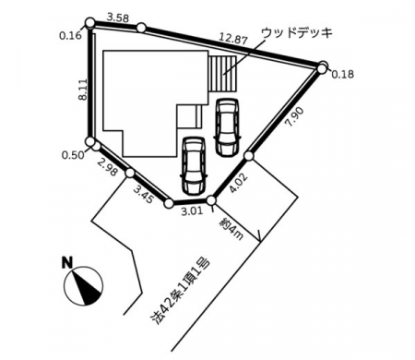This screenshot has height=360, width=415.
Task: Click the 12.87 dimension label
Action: (233, 39)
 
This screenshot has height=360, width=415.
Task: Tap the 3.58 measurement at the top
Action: (117, 18)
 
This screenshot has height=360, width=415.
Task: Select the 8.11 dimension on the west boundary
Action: (83, 90)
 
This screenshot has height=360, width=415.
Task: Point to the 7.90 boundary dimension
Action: (294, 116)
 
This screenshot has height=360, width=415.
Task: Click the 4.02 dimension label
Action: (238, 183)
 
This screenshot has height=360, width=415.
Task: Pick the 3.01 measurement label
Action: (192, 211)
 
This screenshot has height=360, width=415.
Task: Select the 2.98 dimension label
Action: (107, 167)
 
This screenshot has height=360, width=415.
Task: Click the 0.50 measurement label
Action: (73, 155)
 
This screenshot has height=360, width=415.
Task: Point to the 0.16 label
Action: (70, 36)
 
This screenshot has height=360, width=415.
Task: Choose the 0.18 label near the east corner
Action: (343, 74)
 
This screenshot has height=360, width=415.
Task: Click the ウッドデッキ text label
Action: (297, 33)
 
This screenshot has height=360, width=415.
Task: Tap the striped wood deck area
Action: (222, 74)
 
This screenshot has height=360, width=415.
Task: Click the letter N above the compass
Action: (67, 262)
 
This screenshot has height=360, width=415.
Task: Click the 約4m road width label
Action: (231, 228)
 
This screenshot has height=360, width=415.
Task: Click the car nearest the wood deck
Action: (227, 127)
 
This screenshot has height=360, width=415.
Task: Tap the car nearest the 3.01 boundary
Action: (194, 165)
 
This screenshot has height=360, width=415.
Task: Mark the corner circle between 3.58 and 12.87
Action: (141, 28)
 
